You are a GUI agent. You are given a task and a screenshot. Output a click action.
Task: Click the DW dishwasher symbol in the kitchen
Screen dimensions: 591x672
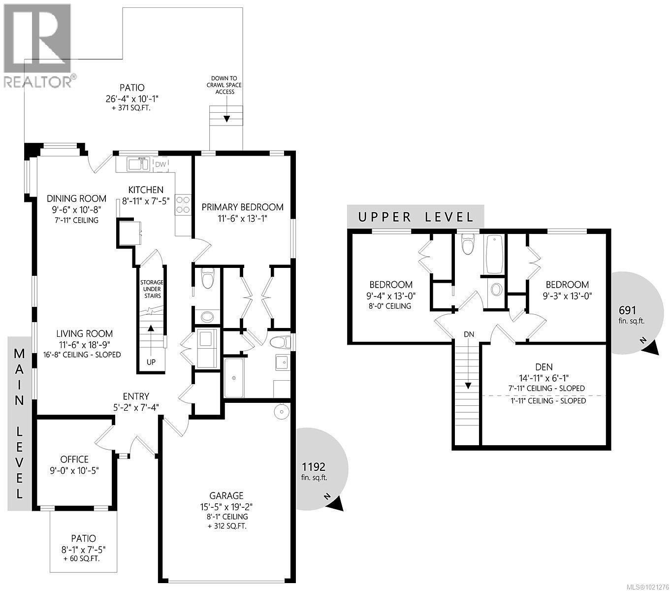coord(160,164)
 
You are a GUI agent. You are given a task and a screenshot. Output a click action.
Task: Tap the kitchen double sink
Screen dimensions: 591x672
coord(138,164)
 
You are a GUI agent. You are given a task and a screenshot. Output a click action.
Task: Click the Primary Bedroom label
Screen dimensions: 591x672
coord(242,207)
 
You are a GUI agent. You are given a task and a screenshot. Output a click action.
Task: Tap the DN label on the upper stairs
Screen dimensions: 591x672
coord(469,334)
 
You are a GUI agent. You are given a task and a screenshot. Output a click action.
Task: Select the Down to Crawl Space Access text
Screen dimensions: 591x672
coord(224,85)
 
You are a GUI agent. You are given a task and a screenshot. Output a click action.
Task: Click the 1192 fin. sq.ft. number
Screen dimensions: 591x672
coord(314,467)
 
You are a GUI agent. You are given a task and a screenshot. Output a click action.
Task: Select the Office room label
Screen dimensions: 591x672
coord(74,460)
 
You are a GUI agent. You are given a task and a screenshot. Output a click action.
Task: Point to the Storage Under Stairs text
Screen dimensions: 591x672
coord(151,289)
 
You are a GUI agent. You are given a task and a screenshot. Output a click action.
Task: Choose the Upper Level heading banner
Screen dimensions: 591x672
coord(416,217)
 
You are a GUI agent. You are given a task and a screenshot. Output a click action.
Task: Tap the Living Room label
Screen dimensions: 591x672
coord(84,334)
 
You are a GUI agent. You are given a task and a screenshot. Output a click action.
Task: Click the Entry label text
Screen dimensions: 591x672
coord(136,396)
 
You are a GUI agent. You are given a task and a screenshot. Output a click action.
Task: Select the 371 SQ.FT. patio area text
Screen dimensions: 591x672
coord(128,107)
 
